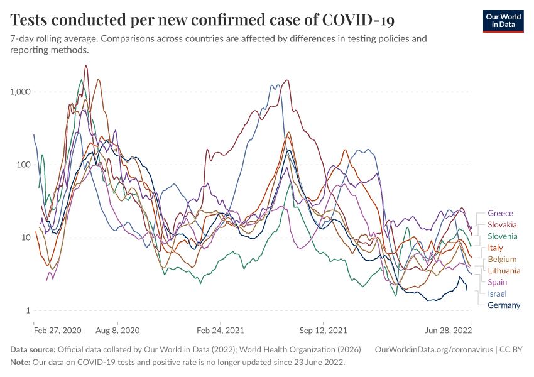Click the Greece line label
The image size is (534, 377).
click(x=500, y=213)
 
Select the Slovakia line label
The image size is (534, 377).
click(x=502, y=224)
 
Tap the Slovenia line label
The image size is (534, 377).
click(x=503, y=236)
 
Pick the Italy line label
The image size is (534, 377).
click(x=495, y=248)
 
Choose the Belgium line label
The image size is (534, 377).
click(x=502, y=259)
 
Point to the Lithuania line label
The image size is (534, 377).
click(x=504, y=270)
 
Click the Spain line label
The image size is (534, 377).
click(x=497, y=282)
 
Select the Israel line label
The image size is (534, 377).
click(x=497, y=293)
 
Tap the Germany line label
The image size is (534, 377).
click(x=504, y=305)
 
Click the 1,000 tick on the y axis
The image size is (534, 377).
click(x=20, y=92)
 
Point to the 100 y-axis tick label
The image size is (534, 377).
click(x=23, y=165)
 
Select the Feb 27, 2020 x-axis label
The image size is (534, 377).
click(x=58, y=329)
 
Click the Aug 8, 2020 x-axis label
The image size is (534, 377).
click(x=117, y=329)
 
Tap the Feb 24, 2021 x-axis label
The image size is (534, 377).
click(x=220, y=329)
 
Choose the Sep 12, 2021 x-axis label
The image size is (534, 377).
click(x=322, y=329)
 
